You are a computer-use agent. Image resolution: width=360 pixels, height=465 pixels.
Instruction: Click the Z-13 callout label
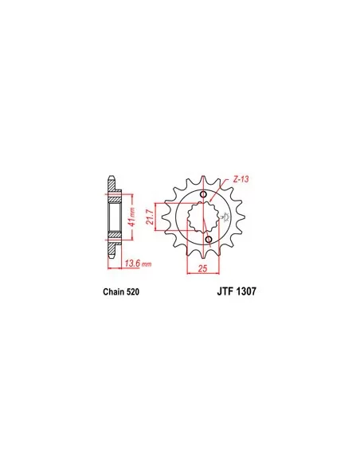pos(241,179)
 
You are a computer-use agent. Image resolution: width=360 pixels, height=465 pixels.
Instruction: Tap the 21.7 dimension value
pos(150,217)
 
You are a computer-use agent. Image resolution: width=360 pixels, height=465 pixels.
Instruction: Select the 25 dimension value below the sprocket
pos(202,269)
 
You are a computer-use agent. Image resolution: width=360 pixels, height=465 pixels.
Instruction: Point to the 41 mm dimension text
pos(132,217)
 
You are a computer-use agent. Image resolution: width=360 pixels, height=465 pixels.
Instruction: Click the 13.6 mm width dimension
pos(138,263)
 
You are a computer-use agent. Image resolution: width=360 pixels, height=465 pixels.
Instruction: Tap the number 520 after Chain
pos(132,291)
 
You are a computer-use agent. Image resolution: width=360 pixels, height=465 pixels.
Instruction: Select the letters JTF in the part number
pos(225,291)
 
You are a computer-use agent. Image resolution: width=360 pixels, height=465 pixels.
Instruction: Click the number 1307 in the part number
pos(246,291)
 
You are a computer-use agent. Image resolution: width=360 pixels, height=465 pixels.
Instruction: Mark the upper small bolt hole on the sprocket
pos(203,194)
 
